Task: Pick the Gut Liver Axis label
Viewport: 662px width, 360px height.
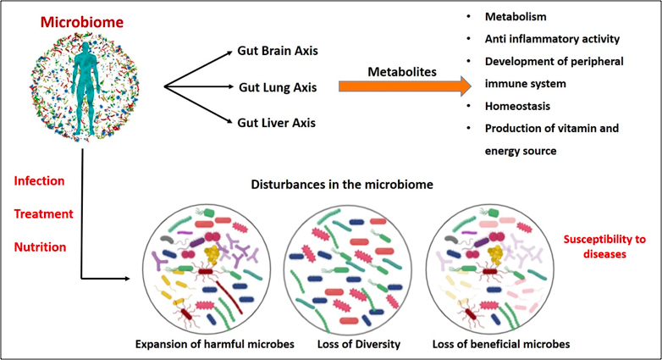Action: [x=276, y=123]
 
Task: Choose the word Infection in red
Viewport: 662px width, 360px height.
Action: [x=40, y=180]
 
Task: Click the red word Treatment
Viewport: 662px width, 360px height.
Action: [x=43, y=213]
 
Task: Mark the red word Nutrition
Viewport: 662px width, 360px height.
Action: [x=41, y=246]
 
